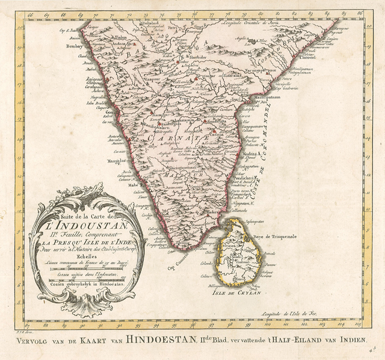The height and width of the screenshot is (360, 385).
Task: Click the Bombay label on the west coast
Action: pos(72,45)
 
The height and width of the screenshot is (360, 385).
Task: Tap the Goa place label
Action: pos(92,113)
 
